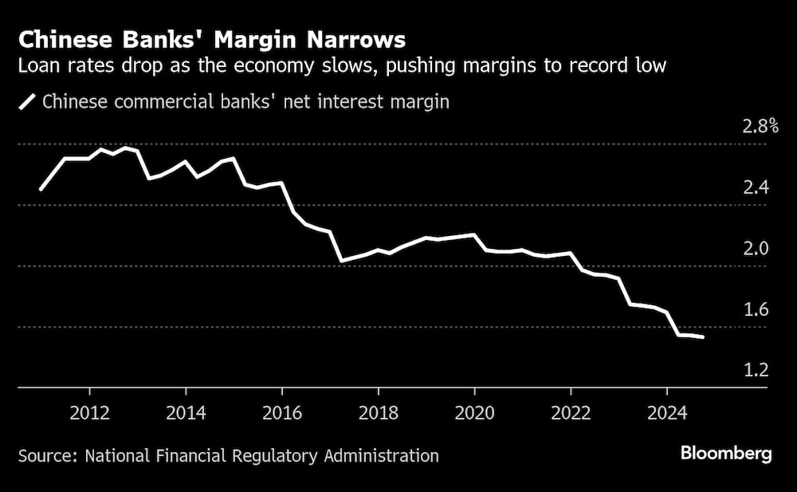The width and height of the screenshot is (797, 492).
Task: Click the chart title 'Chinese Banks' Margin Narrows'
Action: click(x=212, y=40)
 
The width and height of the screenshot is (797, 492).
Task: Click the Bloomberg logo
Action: click(x=726, y=454)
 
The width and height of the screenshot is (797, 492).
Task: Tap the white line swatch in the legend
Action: click(x=28, y=101)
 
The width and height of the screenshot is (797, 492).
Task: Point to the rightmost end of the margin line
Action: click(x=702, y=337)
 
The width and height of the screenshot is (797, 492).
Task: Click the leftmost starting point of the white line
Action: click(x=41, y=189)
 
